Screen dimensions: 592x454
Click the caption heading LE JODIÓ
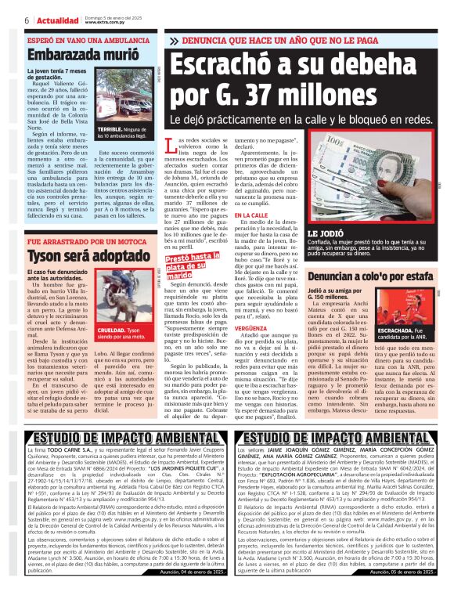pyautogui.click(x=323, y=234)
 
